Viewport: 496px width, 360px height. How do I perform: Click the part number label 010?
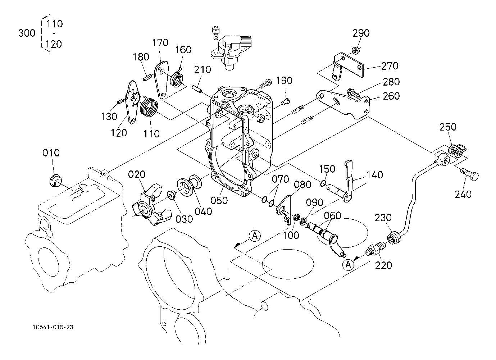coord(51,153)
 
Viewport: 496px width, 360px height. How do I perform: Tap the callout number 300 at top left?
coord(27,33)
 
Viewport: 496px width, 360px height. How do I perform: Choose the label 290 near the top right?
coord(361,33)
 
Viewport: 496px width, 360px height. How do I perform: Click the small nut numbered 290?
coord(355,50)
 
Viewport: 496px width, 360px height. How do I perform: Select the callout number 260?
coord(391,96)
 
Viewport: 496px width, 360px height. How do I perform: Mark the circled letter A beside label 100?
coord(255,236)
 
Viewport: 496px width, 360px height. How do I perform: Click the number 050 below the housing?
coord(219,200)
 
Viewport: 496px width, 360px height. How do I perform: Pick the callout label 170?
coord(160,43)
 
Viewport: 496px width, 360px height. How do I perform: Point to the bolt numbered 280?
coord(354,93)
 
